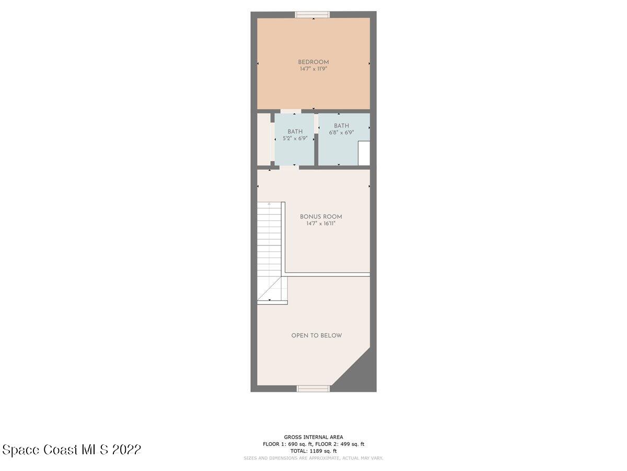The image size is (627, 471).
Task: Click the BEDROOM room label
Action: [x=313, y=62]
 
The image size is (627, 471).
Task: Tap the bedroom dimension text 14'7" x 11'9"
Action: [x=313, y=69]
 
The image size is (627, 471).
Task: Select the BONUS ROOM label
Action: [x=321, y=217]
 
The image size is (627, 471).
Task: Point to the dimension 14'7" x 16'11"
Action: [x=321, y=223]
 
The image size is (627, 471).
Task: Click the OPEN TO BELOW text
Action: [x=317, y=335]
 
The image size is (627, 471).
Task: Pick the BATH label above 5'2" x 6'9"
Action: [x=295, y=132]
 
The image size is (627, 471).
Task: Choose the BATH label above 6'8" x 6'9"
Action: [x=341, y=126]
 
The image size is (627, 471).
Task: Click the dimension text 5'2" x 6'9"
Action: [x=295, y=139]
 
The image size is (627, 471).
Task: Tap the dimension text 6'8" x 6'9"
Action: [x=341, y=133]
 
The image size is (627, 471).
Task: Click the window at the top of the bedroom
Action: [x=312, y=15]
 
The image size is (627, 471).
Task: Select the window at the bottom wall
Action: [x=313, y=388]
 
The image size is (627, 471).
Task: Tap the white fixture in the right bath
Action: [x=364, y=153]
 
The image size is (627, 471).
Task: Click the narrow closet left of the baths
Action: [x=263, y=139]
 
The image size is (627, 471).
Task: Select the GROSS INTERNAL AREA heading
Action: [x=313, y=437]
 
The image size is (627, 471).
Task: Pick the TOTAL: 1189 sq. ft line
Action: [x=313, y=451]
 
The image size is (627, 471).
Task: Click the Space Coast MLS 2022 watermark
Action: [x=72, y=450]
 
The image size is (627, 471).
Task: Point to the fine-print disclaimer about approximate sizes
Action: [x=313, y=458]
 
